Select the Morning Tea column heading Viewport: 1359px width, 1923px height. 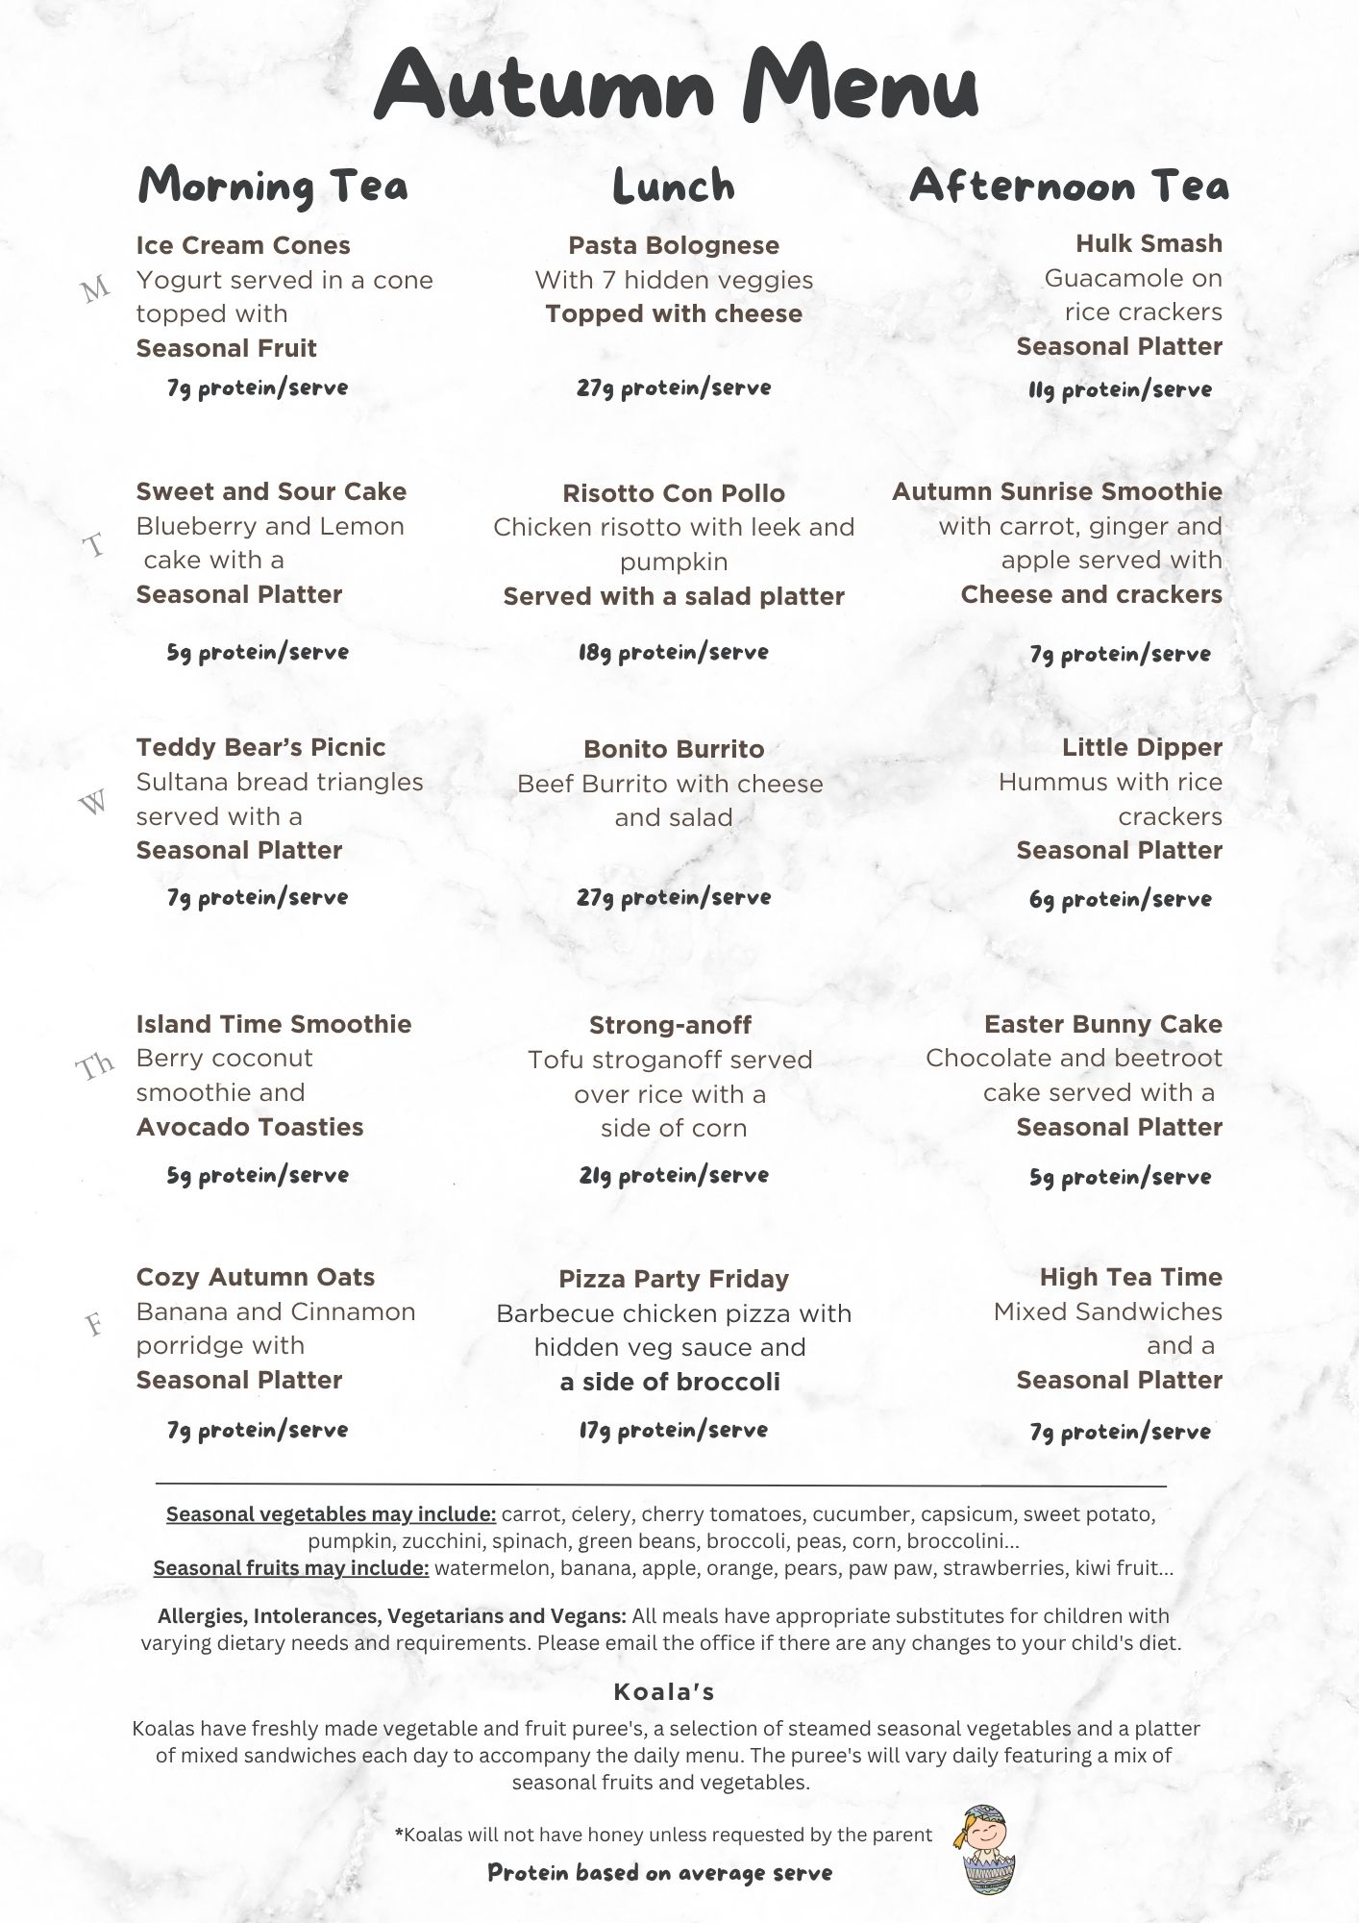(x=273, y=186)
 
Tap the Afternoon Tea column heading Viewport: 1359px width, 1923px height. (x=1069, y=186)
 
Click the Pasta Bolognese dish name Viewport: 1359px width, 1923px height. (x=674, y=245)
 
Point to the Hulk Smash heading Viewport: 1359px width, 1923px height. (x=1149, y=243)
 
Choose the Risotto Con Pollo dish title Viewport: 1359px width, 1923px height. (x=674, y=493)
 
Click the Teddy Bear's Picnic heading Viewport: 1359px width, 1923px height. (x=260, y=747)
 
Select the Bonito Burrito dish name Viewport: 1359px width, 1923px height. (x=674, y=749)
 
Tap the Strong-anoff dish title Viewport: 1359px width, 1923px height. (x=670, y=1025)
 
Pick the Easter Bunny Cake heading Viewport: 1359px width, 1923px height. (x=1102, y=1024)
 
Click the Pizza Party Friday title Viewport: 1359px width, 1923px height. (x=674, y=1279)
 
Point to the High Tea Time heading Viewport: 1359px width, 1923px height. (x=1130, y=1277)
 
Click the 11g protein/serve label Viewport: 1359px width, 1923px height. (x=1120, y=389)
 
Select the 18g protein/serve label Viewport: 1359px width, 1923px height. (x=673, y=653)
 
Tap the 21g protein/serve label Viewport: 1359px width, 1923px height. (x=673, y=1175)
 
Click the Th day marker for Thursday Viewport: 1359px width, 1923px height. (x=95, y=1065)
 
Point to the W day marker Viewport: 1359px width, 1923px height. (x=93, y=802)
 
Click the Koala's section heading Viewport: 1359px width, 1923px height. (x=663, y=1691)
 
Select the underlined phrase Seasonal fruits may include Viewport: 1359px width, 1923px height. (x=290, y=1568)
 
